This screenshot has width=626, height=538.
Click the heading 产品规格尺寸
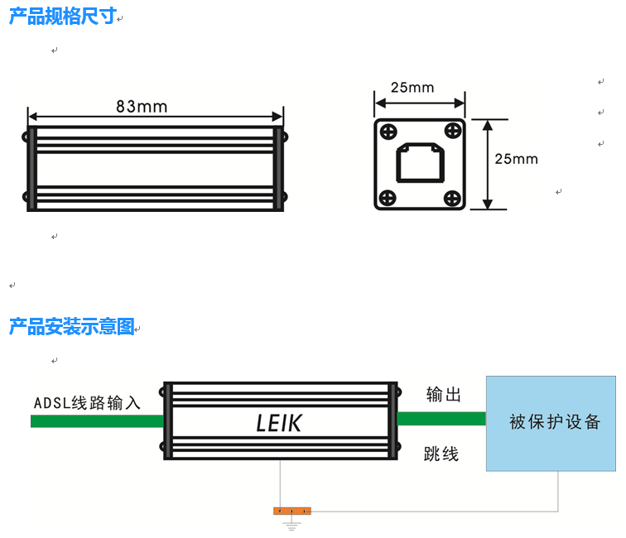[62, 17]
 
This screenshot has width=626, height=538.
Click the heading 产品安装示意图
[71, 327]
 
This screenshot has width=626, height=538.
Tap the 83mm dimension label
[142, 107]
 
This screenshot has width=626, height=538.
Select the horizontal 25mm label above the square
[412, 88]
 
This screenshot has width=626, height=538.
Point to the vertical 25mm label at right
[516, 159]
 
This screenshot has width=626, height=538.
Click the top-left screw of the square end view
[387, 131]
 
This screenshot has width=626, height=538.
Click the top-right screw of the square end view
[452, 131]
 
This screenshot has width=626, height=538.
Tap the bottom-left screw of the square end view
[387, 197]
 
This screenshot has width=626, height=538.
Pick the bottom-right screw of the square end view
[452, 197]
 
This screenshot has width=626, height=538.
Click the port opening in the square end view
[420, 163]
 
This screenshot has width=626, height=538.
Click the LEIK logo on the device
[279, 423]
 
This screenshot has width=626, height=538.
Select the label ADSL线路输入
[87, 403]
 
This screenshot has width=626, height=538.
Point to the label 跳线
[441, 454]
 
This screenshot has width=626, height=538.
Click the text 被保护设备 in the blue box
[555, 422]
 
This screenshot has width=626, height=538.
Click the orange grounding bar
[291, 511]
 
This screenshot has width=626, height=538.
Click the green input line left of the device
[97, 421]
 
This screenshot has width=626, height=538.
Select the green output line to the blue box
[441, 418]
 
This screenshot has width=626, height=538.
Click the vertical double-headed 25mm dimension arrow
[488, 164]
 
